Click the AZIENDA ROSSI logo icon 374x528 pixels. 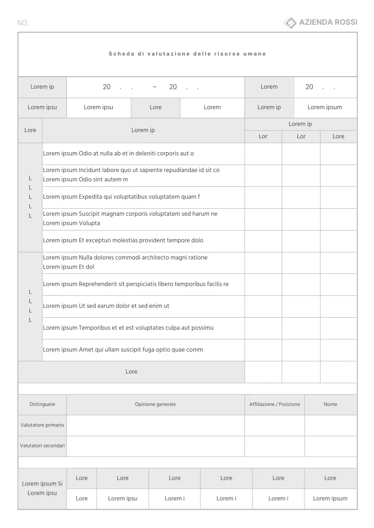pyautogui.click(x=290, y=23)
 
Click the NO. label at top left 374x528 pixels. pyautogui.click(x=23, y=23)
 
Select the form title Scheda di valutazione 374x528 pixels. pyautogui.click(x=187, y=54)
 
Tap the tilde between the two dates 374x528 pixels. pyautogui.click(x=155, y=87)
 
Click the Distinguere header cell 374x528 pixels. pyautogui.click(x=42, y=404)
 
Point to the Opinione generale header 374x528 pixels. pyautogui.click(x=155, y=404)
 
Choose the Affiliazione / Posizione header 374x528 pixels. pyautogui.click(x=274, y=404)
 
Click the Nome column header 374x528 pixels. pyautogui.click(x=330, y=404)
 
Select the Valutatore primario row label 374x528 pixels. pyautogui.click(x=42, y=425)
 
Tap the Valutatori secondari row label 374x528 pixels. pyautogui.click(x=42, y=445)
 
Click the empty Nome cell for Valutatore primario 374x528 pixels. pyautogui.click(x=330, y=425)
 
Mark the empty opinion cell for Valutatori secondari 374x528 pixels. pyautogui.click(x=155, y=446)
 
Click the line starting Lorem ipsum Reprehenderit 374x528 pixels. pyautogui.click(x=136, y=284)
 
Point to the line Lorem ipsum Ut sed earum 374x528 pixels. pyautogui.click(x=106, y=306)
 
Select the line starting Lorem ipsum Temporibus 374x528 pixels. pyautogui.click(x=128, y=328)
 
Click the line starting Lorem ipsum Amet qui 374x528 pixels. pyautogui.click(x=123, y=350)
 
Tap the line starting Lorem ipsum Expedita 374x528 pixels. pyautogui.click(x=121, y=197)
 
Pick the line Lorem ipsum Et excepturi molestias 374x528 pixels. pyautogui.click(x=123, y=240)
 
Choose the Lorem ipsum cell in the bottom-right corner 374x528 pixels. pyautogui.click(x=330, y=498)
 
